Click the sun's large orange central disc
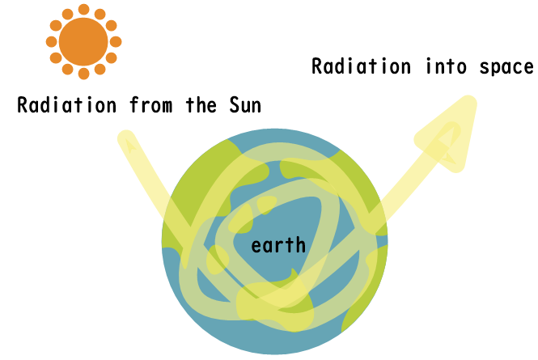click(x=83, y=41)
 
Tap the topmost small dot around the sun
click(x=83, y=9)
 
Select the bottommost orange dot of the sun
click(x=83, y=74)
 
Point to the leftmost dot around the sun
click(x=52, y=41)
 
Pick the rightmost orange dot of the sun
click(x=116, y=41)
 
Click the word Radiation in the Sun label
click(x=67, y=105)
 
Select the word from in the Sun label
click(x=151, y=105)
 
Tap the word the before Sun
click(x=201, y=105)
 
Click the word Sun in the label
click(x=245, y=105)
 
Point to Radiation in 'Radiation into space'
click(x=362, y=66)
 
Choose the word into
click(x=446, y=66)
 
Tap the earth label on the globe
click(x=278, y=245)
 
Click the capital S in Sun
click(x=235, y=105)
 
